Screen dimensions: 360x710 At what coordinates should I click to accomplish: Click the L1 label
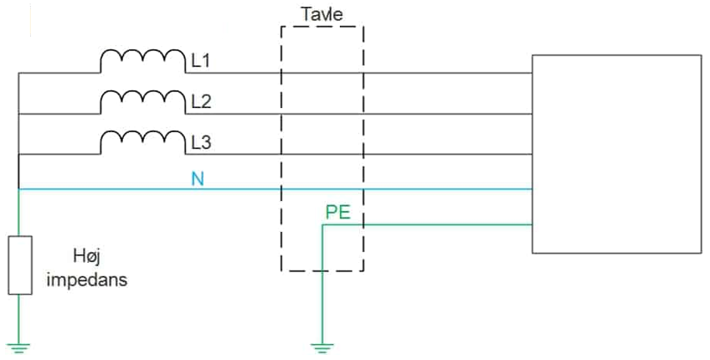tap(202, 61)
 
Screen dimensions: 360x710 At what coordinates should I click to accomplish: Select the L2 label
tap(202, 102)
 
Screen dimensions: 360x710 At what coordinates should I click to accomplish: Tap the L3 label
tap(202, 142)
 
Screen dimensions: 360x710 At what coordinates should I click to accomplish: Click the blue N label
tap(198, 179)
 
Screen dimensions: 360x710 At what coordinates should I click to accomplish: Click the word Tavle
tap(322, 13)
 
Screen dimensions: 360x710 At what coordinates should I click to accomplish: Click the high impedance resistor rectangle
tap(19, 265)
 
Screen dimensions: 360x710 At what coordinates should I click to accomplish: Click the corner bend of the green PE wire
tap(322, 225)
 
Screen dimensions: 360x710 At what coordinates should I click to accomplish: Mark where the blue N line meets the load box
tap(532, 189)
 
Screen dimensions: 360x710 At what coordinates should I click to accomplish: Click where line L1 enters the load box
tap(532, 73)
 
